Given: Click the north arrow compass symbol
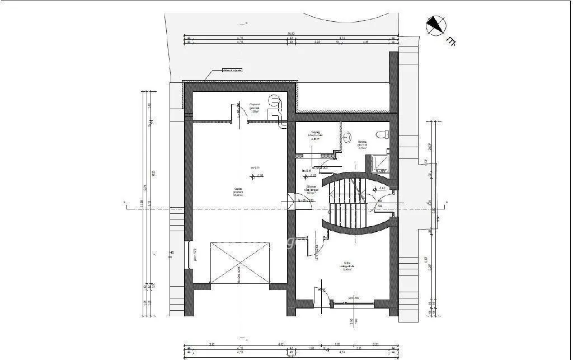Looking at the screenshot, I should [436, 25].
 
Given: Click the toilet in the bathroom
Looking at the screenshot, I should [383, 135].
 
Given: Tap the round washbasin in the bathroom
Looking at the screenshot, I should [347, 136].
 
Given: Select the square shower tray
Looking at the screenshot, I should [381, 162].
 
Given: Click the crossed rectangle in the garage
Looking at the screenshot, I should [239, 263].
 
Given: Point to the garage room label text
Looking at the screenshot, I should [238, 192].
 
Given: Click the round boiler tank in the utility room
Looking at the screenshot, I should [274, 100].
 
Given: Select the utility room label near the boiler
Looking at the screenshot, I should [254, 107].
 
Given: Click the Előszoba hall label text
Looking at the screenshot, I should [312, 189].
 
